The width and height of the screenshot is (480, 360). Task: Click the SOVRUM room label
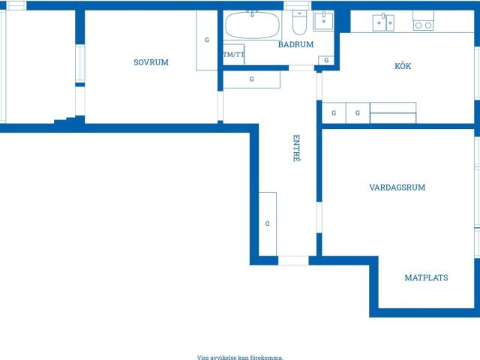(x=151, y=62)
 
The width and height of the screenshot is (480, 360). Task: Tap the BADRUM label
(x=295, y=44)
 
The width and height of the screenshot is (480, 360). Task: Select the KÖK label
(x=403, y=65)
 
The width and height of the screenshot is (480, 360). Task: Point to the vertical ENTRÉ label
(x=296, y=148)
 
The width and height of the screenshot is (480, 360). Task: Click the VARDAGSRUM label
(x=397, y=187)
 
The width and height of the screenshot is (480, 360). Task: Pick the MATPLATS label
(x=426, y=277)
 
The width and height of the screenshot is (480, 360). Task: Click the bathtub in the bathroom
(x=252, y=25)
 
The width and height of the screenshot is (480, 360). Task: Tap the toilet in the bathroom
(x=299, y=22)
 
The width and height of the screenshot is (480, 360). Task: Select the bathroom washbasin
(x=323, y=21)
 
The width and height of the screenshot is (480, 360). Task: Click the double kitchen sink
(x=383, y=22)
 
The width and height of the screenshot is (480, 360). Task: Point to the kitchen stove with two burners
(x=423, y=21)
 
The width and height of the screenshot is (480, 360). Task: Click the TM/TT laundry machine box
(x=233, y=55)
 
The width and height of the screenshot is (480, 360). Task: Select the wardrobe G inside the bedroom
(x=207, y=40)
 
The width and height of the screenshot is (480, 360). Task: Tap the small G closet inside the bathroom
(x=326, y=60)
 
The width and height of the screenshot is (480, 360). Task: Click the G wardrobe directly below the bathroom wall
(x=251, y=79)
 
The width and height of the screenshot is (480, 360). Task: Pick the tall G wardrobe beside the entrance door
(x=268, y=223)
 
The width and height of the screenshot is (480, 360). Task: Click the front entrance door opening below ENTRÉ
(x=293, y=260)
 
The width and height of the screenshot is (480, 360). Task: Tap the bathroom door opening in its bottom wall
(x=301, y=67)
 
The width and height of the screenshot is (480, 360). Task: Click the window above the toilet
(x=297, y=5)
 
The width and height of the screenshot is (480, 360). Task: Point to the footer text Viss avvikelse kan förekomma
(x=240, y=357)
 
